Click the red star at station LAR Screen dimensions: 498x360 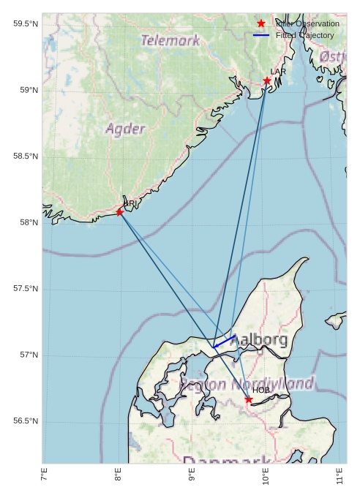pos(267,80)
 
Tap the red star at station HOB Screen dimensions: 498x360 pos(249,399)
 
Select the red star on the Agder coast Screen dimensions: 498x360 pos(120,212)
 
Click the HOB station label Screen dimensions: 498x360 pos(261,391)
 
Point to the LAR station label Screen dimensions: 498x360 pos(278,72)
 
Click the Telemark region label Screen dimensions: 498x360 pos(170,41)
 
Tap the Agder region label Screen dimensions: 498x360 pos(125,129)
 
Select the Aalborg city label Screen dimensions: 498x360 pos(259,340)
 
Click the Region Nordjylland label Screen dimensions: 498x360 pos(247,384)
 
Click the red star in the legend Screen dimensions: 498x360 pos(261,23)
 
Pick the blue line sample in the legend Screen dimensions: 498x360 pos(261,35)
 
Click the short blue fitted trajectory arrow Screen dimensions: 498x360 pos(224,342)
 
